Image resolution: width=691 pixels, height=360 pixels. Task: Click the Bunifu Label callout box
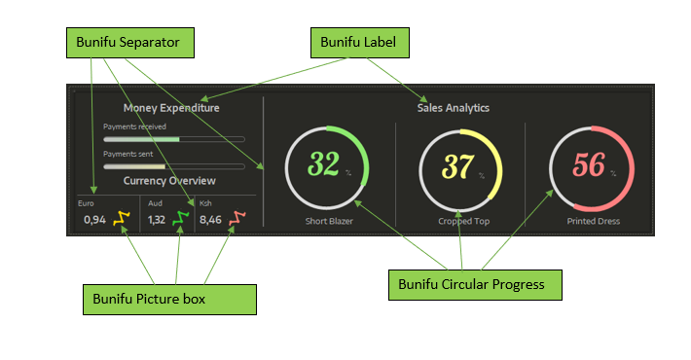click(x=360, y=43)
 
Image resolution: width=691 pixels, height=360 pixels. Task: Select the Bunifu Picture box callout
click(x=169, y=300)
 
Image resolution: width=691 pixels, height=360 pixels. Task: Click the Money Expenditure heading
click(x=171, y=108)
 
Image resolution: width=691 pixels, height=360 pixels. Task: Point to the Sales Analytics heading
click(x=453, y=108)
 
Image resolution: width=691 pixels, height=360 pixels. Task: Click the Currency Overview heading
click(x=169, y=181)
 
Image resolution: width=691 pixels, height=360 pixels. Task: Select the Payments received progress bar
click(x=174, y=139)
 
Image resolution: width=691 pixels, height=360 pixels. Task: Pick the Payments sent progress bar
click(x=174, y=166)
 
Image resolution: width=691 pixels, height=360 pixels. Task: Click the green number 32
click(x=322, y=165)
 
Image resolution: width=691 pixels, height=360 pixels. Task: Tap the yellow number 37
click(x=456, y=167)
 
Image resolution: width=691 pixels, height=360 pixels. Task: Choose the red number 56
click(x=589, y=165)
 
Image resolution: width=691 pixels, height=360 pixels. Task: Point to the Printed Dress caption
click(x=593, y=221)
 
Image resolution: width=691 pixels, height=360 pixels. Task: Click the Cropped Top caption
click(x=458, y=221)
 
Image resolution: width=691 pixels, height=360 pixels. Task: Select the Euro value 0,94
click(x=94, y=220)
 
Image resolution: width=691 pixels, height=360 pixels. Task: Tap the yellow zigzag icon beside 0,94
click(x=121, y=219)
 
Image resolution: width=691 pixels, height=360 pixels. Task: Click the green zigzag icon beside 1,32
click(x=179, y=219)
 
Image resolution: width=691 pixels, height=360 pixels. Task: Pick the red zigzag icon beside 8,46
click(x=236, y=219)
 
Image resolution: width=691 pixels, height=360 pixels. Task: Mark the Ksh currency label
click(x=204, y=203)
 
